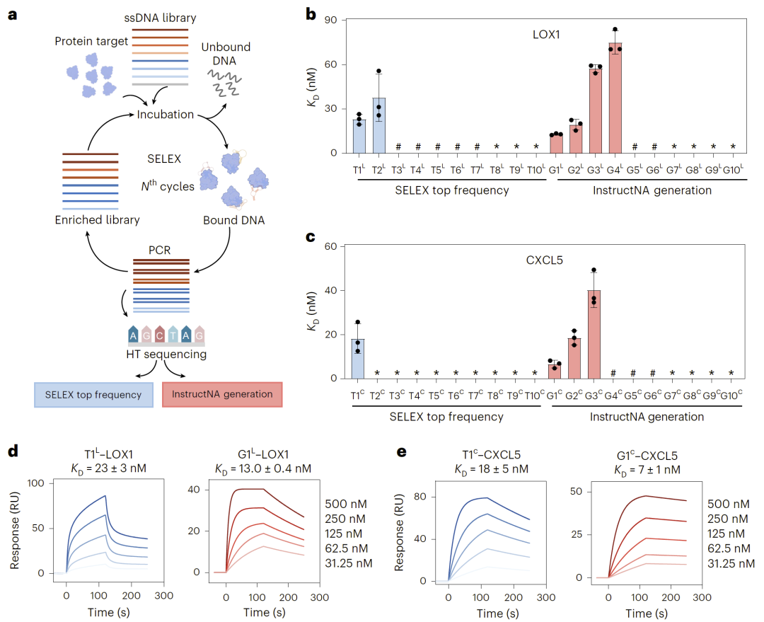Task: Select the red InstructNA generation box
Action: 222,394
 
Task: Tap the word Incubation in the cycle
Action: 166,114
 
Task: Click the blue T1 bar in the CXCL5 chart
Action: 358,358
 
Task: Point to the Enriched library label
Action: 98,220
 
